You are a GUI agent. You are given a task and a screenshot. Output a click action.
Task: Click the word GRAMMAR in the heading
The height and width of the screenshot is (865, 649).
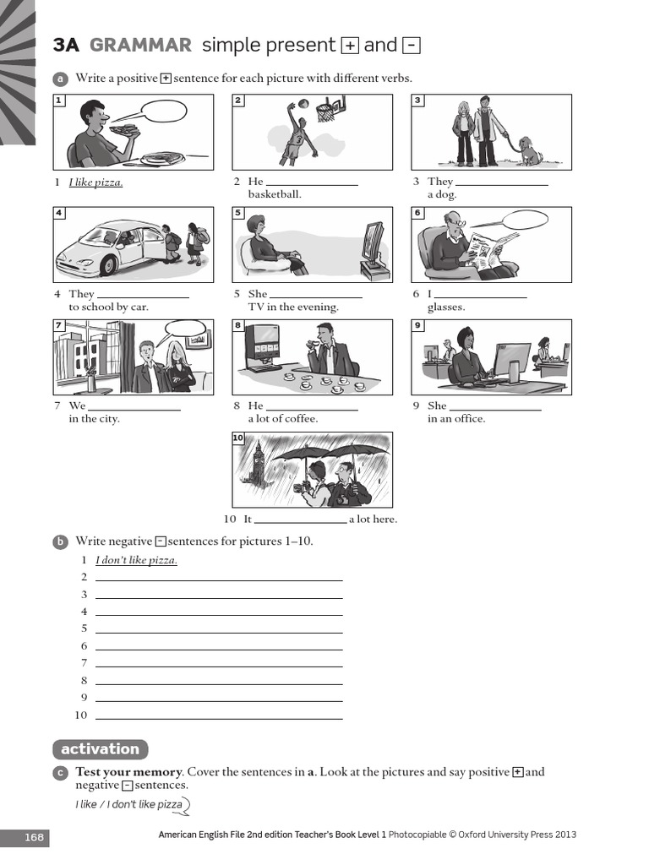point(141,45)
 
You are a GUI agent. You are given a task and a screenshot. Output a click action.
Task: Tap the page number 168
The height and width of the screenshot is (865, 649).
point(34,837)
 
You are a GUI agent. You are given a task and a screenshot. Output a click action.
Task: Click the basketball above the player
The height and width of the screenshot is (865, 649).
point(303,104)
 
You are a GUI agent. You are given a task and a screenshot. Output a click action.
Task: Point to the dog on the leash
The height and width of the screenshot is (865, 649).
point(531,150)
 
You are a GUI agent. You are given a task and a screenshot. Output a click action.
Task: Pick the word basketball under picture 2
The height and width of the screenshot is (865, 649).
point(275,194)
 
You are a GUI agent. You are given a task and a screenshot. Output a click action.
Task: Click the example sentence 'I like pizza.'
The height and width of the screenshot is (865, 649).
point(95,182)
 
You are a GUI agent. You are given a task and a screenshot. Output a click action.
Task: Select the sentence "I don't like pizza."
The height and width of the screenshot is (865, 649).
point(136,560)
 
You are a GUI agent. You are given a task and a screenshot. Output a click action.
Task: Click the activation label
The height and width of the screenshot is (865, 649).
point(101,749)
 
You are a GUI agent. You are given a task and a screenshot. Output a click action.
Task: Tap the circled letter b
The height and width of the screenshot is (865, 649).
point(60,541)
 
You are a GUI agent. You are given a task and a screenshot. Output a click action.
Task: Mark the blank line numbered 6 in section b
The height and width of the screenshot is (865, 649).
point(219,650)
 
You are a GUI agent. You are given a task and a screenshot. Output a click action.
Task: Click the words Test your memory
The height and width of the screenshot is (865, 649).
point(128,772)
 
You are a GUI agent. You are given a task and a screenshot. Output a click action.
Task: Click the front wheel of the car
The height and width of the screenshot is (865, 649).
point(108,265)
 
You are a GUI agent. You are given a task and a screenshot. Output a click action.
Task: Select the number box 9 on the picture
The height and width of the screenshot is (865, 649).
point(417,325)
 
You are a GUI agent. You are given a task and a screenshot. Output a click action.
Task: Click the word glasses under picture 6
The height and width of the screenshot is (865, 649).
point(446,307)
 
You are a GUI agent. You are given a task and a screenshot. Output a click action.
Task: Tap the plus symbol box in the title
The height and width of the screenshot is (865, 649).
point(350,46)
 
